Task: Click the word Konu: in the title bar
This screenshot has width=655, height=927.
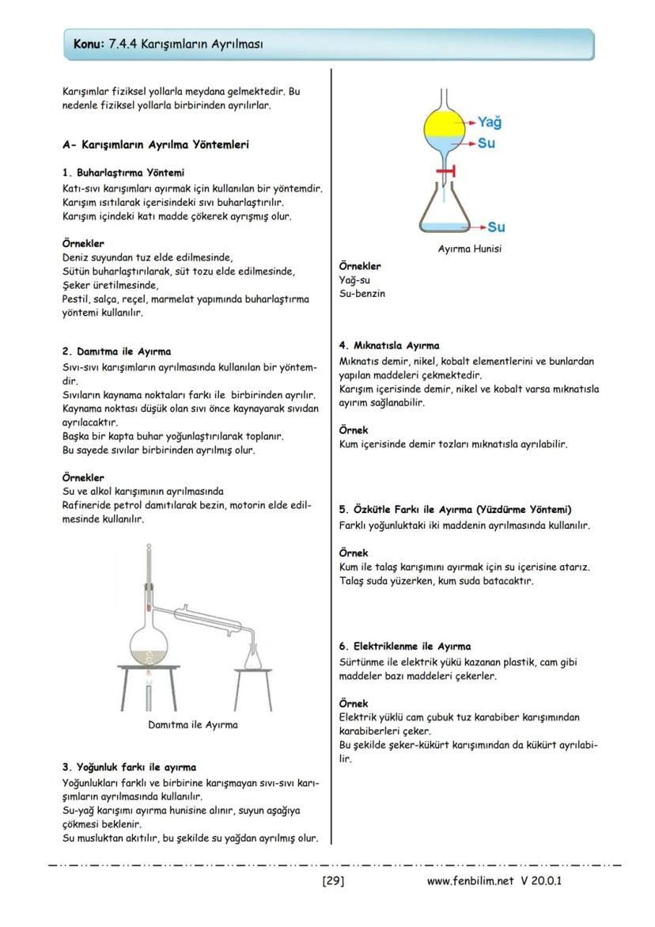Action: [x=88, y=44]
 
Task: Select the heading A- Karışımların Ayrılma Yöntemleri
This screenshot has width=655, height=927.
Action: [x=156, y=145]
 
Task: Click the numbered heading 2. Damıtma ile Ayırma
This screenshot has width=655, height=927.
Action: [x=116, y=351]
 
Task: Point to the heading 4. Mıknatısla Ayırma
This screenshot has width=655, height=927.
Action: [x=388, y=345]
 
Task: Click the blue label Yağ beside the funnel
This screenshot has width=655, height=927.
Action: [x=490, y=123]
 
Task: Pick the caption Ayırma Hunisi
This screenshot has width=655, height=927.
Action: [x=469, y=249]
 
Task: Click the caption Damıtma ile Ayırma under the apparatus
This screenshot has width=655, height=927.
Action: [x=193, y=724]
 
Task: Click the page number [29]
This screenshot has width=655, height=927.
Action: [x=332, y=880]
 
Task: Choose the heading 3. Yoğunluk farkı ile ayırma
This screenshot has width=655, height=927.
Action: [x=129, y=766]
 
